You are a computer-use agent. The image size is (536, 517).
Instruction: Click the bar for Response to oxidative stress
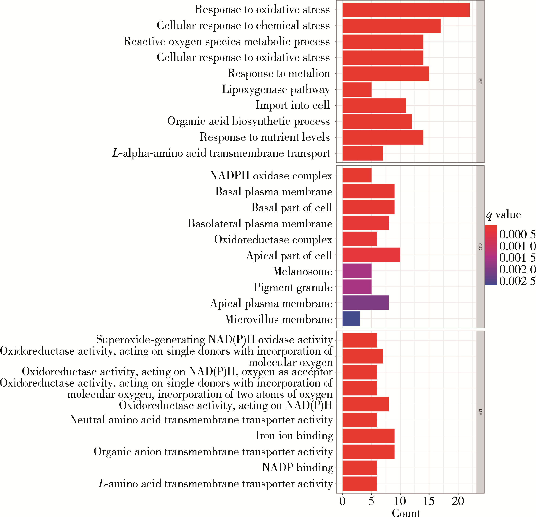click(x=406, y=10)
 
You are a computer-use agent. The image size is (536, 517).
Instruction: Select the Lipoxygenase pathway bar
click(x=357, y=89)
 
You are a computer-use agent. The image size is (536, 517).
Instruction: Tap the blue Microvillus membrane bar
click(x=351, y=319)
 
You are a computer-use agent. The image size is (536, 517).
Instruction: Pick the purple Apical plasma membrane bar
click(x=365, y=303)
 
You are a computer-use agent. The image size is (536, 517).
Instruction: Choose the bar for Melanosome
click(x=357, y=271)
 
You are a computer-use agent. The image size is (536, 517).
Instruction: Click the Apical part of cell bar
click(x=371, y=255)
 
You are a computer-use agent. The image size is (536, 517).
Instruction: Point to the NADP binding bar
click(x=360, y=468)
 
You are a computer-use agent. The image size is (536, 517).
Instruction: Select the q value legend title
click(x=503, y=215)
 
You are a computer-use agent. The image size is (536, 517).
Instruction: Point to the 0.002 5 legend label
click(x=517, y=281)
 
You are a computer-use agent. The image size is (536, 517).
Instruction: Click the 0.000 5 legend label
click(x=517, y=234)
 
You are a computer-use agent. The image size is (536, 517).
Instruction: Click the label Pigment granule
click(x=293, y=287)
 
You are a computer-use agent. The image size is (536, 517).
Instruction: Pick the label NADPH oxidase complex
click(x=271, y=175)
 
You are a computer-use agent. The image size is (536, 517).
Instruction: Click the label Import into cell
click(x=293, y=105)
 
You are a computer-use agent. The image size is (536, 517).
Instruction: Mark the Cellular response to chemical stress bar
click(x=391, y=26)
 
